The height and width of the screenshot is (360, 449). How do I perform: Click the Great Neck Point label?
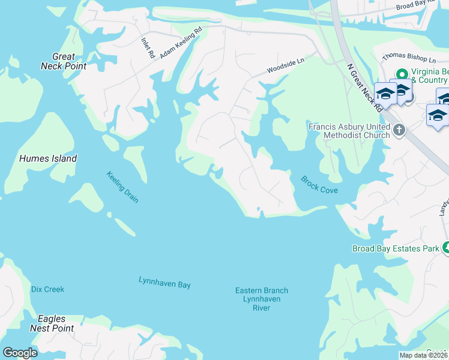click(63, 61)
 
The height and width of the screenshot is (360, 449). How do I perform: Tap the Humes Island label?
click(48, 159)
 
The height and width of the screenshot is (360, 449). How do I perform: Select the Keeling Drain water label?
click(122, 187)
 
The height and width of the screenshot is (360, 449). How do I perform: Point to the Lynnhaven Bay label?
click(164, 282)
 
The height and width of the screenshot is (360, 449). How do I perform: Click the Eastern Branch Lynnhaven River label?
click(261, 299)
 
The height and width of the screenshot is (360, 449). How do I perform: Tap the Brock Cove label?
click(319, 185)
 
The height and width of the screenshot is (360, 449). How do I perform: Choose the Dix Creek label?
click(47, 289)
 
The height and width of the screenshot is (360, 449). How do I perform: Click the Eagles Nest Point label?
click(56, 323)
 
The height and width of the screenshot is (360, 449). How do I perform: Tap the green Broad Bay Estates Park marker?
click(446, 247)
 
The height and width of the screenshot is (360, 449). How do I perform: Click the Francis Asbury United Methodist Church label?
click(348, 131)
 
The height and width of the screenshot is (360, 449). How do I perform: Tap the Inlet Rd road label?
click(147, 47)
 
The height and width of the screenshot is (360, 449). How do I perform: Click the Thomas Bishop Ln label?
click(408, 58)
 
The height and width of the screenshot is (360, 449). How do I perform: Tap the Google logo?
click(20, 353)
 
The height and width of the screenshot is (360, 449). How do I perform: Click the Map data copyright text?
click(423, 355)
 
